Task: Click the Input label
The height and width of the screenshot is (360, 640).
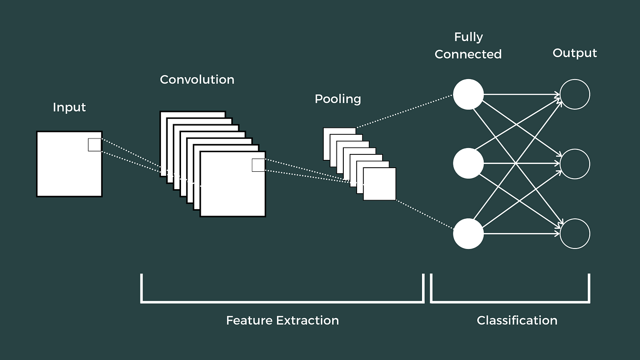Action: [x=69, y=107]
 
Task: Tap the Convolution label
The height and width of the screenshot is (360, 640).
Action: [x=197, y=79]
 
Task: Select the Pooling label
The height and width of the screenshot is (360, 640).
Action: [x=338, y=99]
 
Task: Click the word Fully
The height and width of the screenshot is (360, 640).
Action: [x=469, y=37]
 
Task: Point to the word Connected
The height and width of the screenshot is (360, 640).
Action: [x=468, y=54]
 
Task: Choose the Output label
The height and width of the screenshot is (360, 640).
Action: [x=575, y=53]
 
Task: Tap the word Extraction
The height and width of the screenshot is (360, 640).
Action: [x=307, y=320]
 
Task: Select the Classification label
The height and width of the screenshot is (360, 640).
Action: [x=517, y=320]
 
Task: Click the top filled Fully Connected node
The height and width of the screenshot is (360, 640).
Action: [x=468, y=95]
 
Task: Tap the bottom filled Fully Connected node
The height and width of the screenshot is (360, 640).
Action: [x=468, y=233]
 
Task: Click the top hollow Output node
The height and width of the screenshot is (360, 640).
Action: [x=575, y=95]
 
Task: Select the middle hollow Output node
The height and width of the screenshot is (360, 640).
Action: [x=575, y=164]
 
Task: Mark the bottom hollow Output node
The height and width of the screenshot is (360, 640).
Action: [x=575, y=233]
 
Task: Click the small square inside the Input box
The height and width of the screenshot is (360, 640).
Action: [x=95, y=145]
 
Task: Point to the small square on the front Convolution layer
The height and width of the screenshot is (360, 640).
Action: [x=258, y=165]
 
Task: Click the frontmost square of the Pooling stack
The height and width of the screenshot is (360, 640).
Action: [x=379, y=184]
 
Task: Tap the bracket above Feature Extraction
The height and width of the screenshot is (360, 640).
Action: [x=283, y=301]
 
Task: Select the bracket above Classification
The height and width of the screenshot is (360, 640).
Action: [x=510, y=301]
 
